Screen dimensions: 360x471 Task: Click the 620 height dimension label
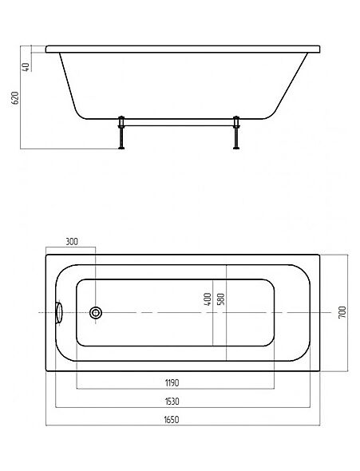coord(15,98)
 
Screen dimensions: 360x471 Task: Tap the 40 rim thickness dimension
coord(26,67)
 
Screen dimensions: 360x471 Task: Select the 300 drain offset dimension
coord(72,242)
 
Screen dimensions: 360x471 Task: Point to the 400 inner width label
coord(208,299)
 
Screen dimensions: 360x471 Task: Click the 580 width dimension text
coord(220,299)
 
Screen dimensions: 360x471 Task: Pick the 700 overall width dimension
coord(342,312)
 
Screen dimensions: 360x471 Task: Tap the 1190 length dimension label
coord(172,382)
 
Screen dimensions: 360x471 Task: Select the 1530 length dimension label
coord(172,402)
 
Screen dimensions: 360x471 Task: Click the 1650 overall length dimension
coord(172,419)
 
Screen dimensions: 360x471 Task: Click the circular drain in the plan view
coord(96,313)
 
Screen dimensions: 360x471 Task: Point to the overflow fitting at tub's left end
coord(59,313)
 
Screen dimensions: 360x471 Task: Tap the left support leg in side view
coord(121,133)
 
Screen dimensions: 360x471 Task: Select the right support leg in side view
coord(236,133)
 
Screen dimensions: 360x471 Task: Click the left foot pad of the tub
coord(121,148)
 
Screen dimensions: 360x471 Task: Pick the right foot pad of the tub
coord(236,148)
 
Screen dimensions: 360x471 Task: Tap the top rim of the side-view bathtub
coord(183,49)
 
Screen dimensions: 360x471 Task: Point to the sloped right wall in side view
coord(290,85)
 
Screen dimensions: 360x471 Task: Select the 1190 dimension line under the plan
coord(176,389)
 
